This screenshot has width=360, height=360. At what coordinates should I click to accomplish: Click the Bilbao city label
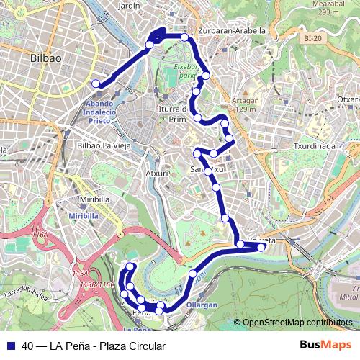45,57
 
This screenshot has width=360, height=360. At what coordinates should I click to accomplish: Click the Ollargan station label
202,305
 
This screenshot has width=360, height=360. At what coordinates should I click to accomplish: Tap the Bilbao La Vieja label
102,145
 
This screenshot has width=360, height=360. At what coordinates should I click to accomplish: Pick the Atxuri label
157,174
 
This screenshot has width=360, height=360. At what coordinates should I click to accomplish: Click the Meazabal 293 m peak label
325,8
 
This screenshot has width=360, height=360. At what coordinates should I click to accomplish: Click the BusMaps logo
325,345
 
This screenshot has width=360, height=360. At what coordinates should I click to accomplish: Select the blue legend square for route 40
10,346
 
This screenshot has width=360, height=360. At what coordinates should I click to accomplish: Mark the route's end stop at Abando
96,84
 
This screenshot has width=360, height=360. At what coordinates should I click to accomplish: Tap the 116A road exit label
40,235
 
